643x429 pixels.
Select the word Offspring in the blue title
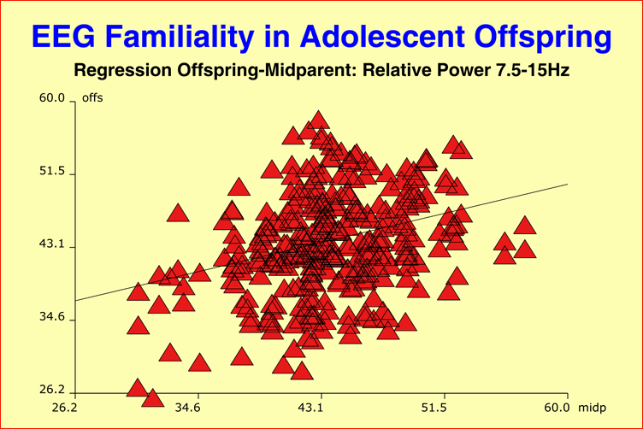pyautogui.click(x=547, y=37)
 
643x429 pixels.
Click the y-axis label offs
pyautogui.click(x=92, y=99)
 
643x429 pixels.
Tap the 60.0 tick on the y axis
pyautogui.click(x=52, y=99)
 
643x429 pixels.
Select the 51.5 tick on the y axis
pyautogui.click(x=52, y=172)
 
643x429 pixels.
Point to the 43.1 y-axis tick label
pyautogui.click(x=52, y=244)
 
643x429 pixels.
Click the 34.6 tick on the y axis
pyautogui.click(x=52, y=318)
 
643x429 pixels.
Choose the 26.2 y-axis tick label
pyautogui.click(x=52, y=391)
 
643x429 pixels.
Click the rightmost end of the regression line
pyautogui.click(x=567, y=184)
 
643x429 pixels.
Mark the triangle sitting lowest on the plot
pyautogui.click(x=153, y=398)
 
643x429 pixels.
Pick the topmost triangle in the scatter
pyautogui.click(x=319, y=120)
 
